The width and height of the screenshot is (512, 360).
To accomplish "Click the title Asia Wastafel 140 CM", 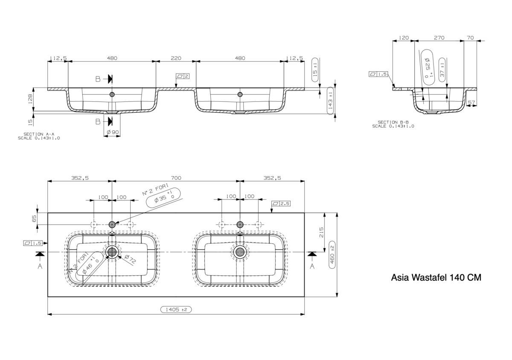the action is tap(436, 278).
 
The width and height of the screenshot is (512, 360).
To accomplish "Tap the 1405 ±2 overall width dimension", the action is tap(176, 310).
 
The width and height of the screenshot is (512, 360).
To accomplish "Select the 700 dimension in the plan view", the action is tap(176, 178).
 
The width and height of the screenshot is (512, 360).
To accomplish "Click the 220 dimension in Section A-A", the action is tap(176, 58).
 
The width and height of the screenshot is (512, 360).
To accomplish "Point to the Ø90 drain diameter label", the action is tap(113, 132).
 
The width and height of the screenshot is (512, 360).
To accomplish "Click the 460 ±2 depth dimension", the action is tap(332, 255).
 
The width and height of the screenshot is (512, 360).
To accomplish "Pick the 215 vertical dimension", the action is tap(321, 232).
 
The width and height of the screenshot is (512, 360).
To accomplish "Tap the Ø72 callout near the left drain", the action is tap(131, 260).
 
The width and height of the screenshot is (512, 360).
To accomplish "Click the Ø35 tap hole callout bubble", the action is tap(163, 198).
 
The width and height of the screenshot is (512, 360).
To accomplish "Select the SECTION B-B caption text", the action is tap(393, 122).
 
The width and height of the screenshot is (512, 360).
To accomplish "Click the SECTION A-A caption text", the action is tap(39, 134).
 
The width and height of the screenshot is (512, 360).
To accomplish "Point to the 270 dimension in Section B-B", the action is tap(439, 38).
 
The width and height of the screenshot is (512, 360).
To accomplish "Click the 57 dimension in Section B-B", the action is tap(471, 102).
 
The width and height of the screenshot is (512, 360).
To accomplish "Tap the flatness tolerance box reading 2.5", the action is tap(281, 203).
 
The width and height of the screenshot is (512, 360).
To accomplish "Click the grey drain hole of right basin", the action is tap(240, 252).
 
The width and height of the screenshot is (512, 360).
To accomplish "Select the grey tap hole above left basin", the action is tap(112, 225).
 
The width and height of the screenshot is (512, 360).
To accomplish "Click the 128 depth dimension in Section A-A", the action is tap(30, 99).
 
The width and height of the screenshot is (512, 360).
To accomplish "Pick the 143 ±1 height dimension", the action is tap(330, 101).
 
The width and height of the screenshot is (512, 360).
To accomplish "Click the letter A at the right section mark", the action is tap(312, 266).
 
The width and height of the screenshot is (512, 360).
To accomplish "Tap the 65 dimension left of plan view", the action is tap(34, 219).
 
